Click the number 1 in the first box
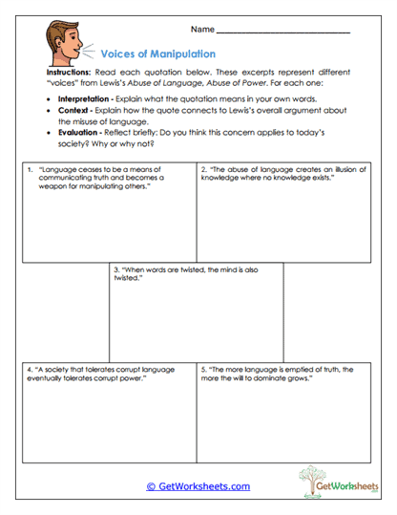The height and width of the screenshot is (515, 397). [x=31, y=169]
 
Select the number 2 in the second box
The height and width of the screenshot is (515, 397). [x=204, y=169]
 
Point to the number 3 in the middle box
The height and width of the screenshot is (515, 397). [x=115, y=269]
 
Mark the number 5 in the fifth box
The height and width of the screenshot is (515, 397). [x=204, y=368]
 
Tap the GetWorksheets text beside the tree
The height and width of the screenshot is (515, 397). [x=349, y=486]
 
